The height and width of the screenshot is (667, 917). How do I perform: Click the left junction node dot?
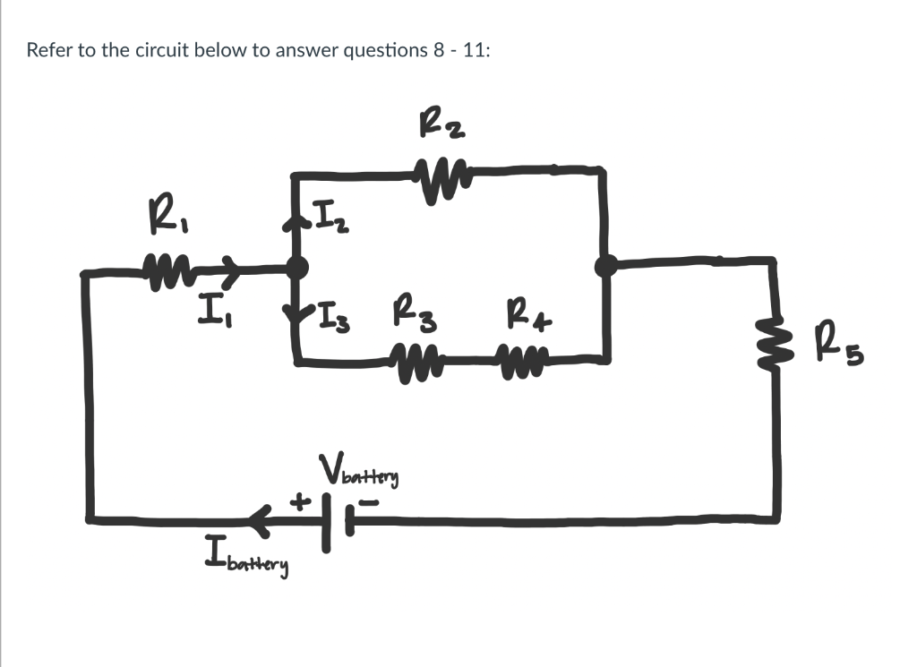tap(297, 266)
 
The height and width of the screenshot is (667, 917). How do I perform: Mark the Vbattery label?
tap(358, 471)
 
